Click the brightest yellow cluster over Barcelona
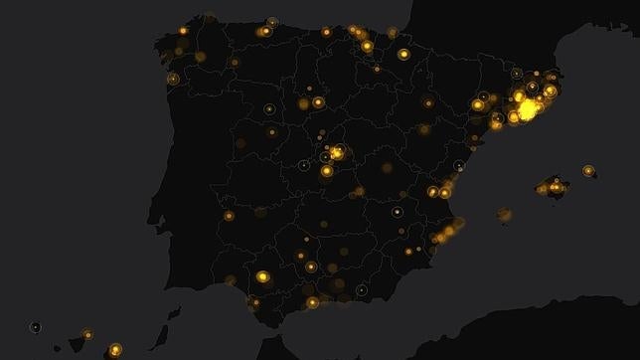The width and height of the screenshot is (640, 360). (x=526, y=108)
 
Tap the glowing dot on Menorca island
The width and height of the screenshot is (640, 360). (x=588, y=171)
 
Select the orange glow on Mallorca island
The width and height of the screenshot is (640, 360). (x=555, y=187)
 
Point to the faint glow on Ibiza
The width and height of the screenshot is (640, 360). (x=505, y=214)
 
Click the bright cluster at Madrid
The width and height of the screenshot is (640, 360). (x=337, y=152)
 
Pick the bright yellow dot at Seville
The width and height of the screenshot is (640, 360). (x=262, y=276)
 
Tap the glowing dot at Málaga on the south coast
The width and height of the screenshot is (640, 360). (x=312, y=302)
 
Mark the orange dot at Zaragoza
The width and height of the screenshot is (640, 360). (x=428, y=103)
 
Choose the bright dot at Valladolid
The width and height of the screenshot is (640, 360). (x=318, y=101)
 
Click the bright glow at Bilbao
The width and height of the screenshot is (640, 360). (x=367, y=46)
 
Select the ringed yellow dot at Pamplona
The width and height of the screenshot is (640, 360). (x=403, y=54)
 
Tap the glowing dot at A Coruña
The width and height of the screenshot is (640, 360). (x=183, y=31)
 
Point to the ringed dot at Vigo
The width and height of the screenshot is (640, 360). (x=173, y=79)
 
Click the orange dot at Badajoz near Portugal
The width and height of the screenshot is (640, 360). (x=229, y=215)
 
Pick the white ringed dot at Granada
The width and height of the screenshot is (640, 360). (x=361, y=290)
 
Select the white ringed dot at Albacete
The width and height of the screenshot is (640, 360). (x=398, y=212)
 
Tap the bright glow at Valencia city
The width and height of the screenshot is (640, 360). (x=444, y=192)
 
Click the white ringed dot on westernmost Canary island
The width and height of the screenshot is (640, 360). (x=36, y=327)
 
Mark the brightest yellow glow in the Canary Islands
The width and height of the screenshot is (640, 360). (x=115, y=349)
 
